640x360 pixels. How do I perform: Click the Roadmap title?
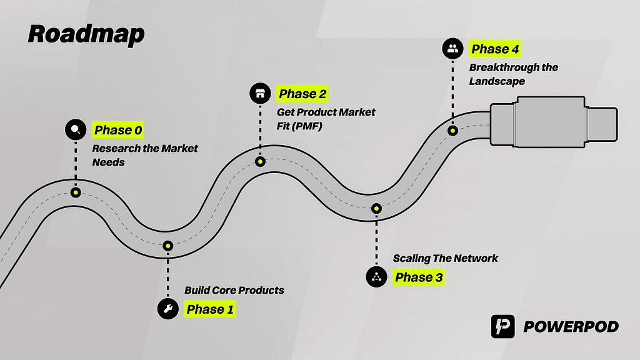click(x=86, y=34)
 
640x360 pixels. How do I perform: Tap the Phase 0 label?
click(x=118, y=131)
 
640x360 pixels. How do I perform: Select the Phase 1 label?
click(x=211, y=309)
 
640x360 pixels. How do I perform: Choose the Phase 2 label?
click(x=302, y=94)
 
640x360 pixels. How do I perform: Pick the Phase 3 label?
click(x=418, y=277)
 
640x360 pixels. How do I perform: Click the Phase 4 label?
click(x=495, y=49)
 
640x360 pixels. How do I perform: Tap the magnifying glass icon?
click(x=76, y=130)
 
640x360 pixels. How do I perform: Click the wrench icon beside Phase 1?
click(x=167, y=309)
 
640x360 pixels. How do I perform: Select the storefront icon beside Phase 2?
click(x=259, y=94)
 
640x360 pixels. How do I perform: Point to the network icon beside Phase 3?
click(x=376, y=277)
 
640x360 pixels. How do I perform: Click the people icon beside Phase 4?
click(x=452, y=49)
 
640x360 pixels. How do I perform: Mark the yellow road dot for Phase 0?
click(x=76, y=192)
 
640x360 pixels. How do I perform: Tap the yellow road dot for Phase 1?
click(x=168, y=247)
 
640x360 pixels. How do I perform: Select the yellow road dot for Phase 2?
click(x=260, y=161)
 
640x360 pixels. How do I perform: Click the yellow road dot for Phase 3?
click(x=376, y=208)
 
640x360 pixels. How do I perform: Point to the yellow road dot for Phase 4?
click(x=452, y=131)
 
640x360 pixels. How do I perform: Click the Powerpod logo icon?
click(x=502, y=327)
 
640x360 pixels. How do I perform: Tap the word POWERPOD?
click(x=571, y=327)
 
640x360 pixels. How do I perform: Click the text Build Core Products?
click(x=234, y=290)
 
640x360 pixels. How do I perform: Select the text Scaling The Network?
click(x=445, y=258)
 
